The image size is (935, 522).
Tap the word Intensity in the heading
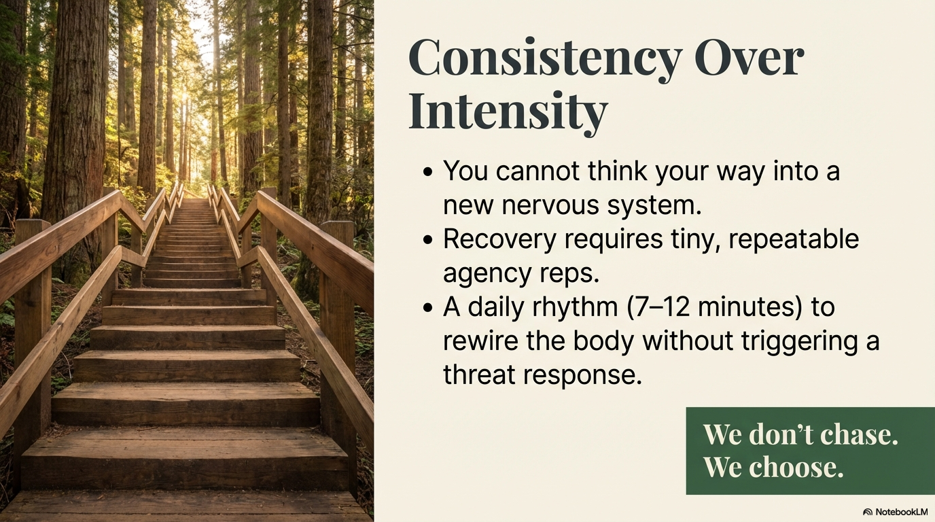tap(508, 112)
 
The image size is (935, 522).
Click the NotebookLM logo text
tap(901, 512)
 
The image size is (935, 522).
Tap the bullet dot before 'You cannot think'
tap(427, 171)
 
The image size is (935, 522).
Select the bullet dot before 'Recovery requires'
tap(427, 239)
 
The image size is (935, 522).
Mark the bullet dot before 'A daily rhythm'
tap(427, 307)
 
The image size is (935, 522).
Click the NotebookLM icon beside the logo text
tap(868, 512)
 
